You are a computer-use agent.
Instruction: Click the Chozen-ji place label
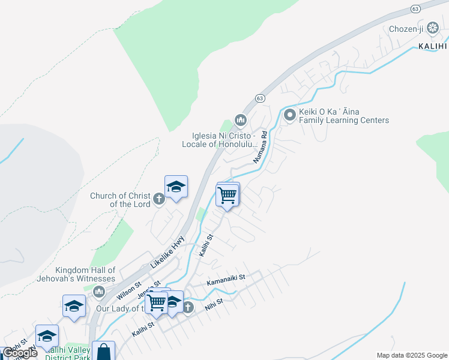tap(406, 29)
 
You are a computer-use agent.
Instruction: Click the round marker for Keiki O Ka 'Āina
tap(289, 115)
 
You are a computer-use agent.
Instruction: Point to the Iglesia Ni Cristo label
tap(220, 140)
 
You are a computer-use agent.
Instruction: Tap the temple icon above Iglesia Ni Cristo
tap(241, 121)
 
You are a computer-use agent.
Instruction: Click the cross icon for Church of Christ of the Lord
tap(159, 199)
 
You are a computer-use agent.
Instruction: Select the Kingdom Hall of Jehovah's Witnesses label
tap(85, 274)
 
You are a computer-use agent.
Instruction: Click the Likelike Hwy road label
tap(164, 252)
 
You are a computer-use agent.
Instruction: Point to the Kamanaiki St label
tap(226, 278)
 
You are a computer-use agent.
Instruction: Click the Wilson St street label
tap(129, 291)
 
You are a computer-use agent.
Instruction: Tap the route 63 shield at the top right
tap(415, 8)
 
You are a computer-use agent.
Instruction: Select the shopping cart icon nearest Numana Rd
tap(228, 195)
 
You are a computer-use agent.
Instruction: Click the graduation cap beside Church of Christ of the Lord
tap(176, 187)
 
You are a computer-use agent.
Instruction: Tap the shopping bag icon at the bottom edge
tap(103, 352)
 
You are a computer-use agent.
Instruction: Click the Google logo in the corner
tap(20, 353)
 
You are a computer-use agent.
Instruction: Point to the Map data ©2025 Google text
tap(412, 355)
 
